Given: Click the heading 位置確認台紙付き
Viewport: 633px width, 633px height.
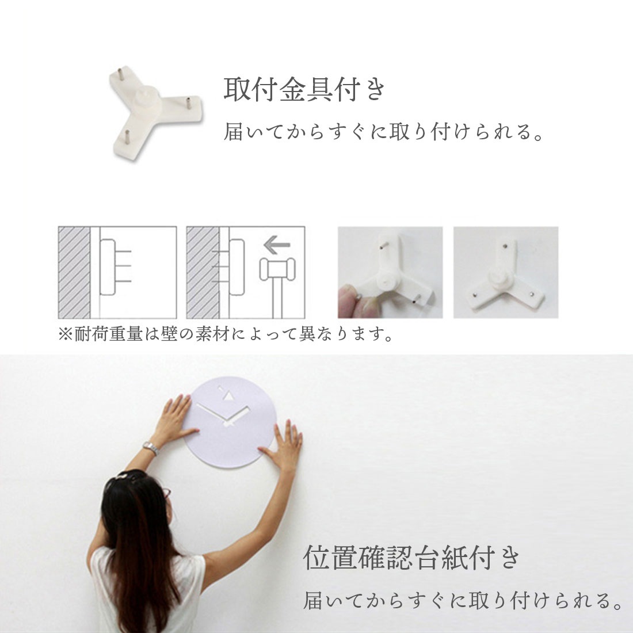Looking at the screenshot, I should (x=412, y=558).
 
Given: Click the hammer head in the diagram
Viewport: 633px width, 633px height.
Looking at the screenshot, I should (x=277, y=269).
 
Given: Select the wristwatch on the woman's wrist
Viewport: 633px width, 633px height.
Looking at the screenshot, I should (x=150, y=448).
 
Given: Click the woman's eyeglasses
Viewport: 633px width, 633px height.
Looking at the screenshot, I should (x=166, y=493).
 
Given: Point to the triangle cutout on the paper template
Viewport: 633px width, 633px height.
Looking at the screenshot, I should (x=229, y=396).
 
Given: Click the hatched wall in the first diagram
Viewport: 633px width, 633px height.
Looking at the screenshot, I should (x=74, y=272).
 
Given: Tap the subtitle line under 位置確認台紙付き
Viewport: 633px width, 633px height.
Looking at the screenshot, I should (x=463, y=601).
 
